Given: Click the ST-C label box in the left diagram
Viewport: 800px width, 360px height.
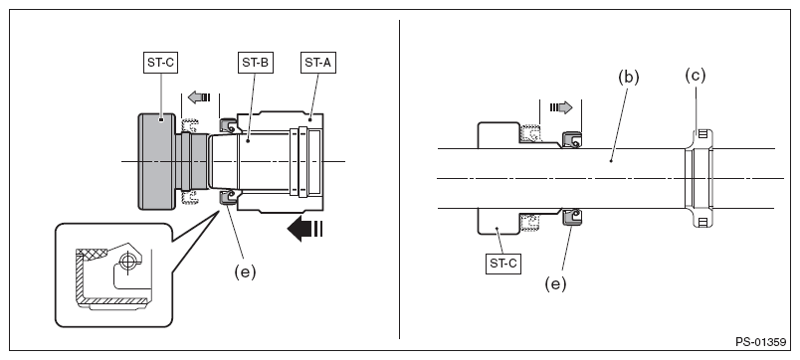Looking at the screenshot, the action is [160, 63].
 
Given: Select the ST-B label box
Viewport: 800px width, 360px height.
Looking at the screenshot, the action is [256, 63].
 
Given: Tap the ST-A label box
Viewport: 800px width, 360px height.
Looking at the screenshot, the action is [318, 63].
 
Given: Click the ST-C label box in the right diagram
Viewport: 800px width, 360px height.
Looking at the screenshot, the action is [503, 264].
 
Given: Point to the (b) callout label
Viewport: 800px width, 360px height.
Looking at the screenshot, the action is [629, 77].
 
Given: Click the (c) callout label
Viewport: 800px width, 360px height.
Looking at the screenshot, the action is [695, 76].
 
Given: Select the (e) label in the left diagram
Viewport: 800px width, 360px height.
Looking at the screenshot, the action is [245, 272].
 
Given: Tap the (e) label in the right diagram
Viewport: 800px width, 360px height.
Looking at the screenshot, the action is [555, 283].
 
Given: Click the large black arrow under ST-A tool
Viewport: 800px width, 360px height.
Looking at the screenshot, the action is [305, 229].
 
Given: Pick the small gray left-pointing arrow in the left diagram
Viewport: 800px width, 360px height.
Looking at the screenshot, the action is [199, 96].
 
